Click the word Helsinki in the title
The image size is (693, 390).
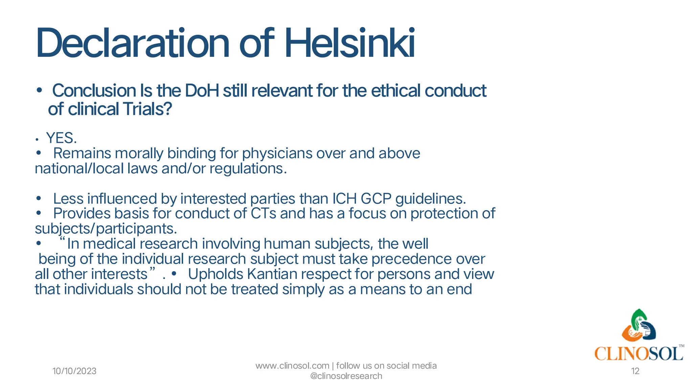click(x=350, y=43)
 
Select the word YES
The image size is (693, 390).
click(x=61, y=138)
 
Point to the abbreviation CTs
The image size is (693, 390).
click(x=263, y=214)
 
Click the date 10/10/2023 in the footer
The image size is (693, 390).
click(x=74, y=371)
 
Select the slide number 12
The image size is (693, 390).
click(x=635, y=371)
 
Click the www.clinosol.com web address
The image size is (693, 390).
click(x=292, y=366)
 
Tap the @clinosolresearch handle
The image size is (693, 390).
click(x=346, y=376)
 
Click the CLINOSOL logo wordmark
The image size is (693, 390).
click(x=638, y=354)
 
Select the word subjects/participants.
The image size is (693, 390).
click(x=106, y=229)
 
